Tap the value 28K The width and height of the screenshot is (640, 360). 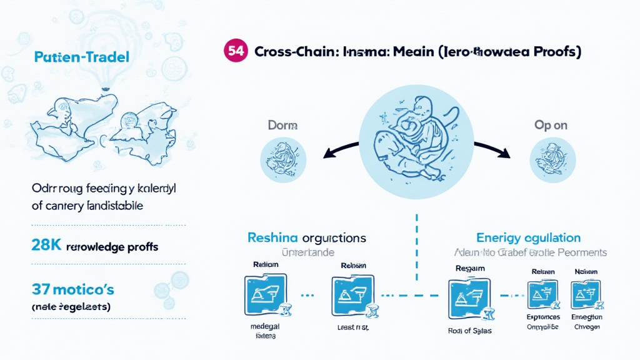46,246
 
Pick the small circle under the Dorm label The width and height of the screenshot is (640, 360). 282,161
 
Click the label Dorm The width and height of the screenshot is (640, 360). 282,125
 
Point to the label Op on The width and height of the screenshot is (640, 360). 551,125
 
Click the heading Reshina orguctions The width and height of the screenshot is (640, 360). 306,238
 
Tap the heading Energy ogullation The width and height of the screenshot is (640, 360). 528,238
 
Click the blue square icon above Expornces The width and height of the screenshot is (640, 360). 542,293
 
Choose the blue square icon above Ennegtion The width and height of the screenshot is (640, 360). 585,293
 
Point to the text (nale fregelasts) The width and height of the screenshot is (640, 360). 71,307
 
